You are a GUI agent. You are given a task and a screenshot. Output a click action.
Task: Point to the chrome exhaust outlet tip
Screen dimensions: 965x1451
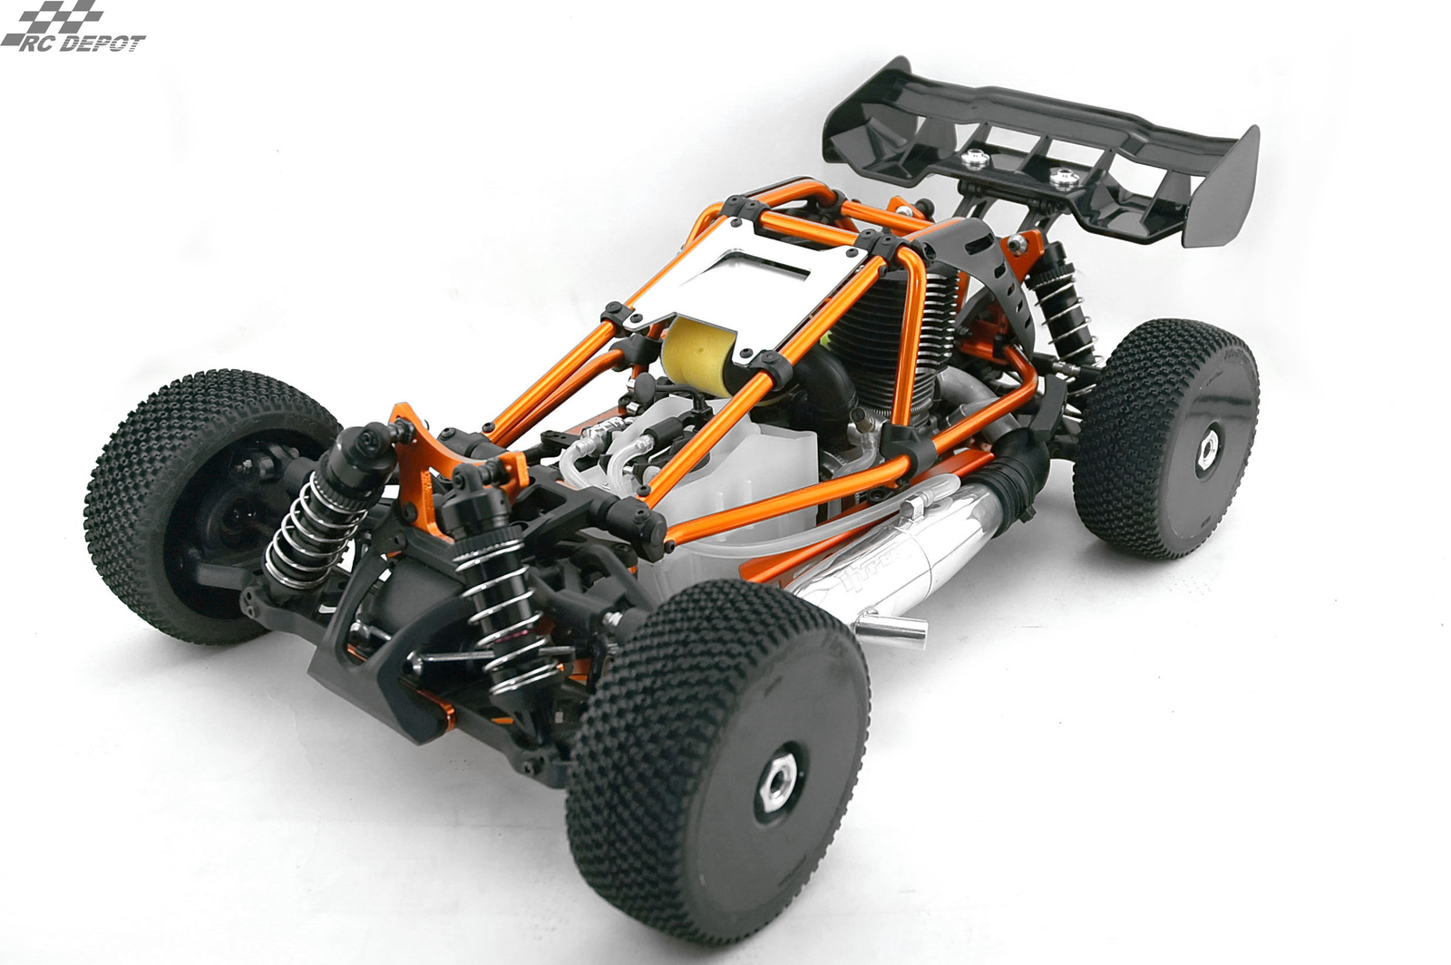click(901, 627)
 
